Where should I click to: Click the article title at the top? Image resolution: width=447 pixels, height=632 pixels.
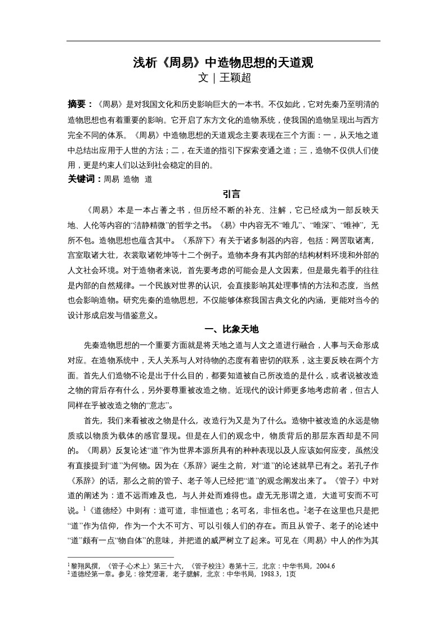tap(223, 62)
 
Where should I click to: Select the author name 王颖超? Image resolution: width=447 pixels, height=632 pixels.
tap(235, 78)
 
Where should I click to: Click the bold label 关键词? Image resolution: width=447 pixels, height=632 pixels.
tap(84, 179)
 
